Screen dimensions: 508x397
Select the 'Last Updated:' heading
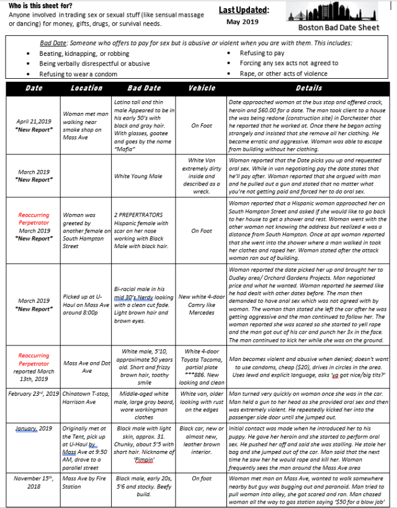pyautogui.click(x=244, y=10)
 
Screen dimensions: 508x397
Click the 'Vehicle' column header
pyautogui.click(x=202, y=88)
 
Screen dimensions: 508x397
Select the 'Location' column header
pyautogui.click(x=86, y=88)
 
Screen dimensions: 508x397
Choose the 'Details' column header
pyautogui.click(x=309, y=88)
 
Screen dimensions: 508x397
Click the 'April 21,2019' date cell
pyautogui.click(x=33, y=121)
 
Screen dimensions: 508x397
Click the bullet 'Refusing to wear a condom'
pyautogui.click(x=79, y=73)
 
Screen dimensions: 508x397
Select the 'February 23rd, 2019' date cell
pyautogui.click(x=33, y=394)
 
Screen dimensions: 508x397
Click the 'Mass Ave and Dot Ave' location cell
pyautogui.click(x=86, y=367)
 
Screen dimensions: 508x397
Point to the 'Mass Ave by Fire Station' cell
pyautogui.click(x=86, y=482)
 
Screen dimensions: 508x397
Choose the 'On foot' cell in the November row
pyautogui.click(x=202, y=478)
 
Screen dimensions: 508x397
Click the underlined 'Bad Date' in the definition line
pyautogui.click(x=52, y=43)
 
